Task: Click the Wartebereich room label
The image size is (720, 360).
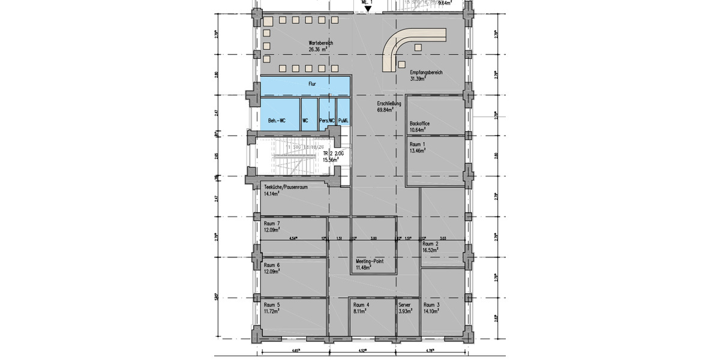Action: [320, 44]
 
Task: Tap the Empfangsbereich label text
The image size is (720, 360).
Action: [426, 73]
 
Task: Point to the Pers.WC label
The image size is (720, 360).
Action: [327, 121]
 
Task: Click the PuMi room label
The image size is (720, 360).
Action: [343, 121]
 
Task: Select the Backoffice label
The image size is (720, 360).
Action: [419, 123]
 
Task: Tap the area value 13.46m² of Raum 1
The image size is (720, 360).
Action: [418, 151]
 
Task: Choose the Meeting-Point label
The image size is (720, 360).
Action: [370, 262]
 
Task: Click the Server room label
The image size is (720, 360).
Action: [405, 305]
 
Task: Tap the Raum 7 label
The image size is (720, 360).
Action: [272, 223]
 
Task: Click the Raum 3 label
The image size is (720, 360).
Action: [431, 305]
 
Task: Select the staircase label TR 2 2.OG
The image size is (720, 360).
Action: [333, 154]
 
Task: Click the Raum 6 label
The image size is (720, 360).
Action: [272, 265]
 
